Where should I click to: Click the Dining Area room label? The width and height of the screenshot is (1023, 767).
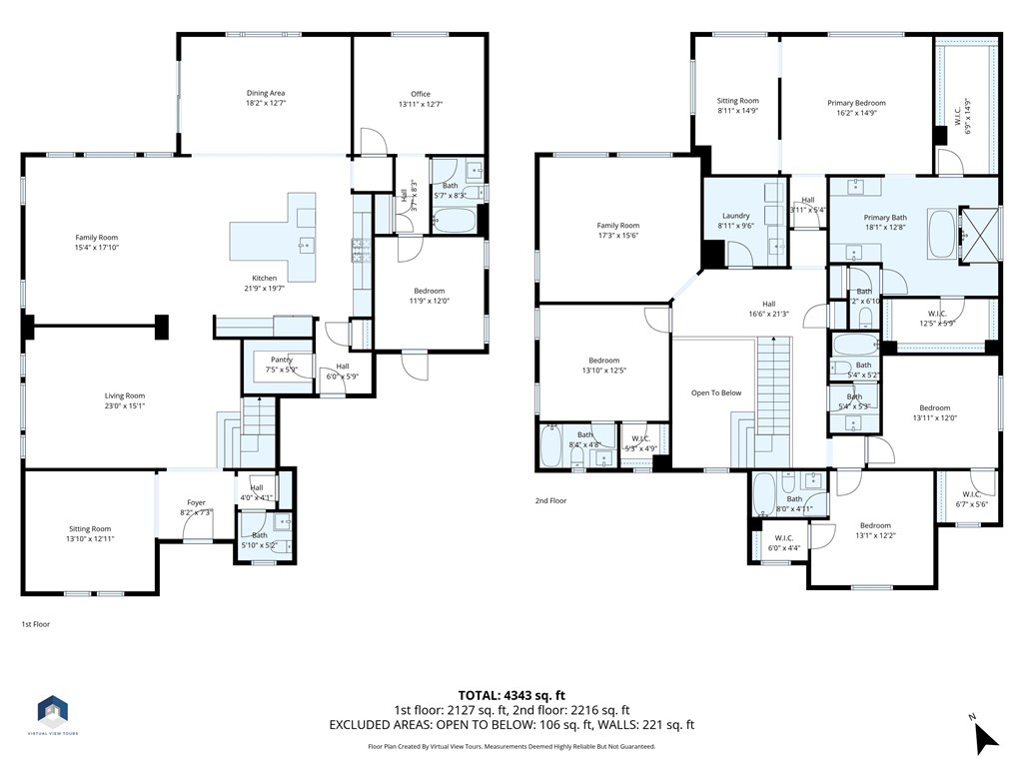coord(266,93)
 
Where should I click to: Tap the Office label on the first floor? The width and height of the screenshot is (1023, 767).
coord(420,94)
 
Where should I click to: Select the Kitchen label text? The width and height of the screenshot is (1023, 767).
coord(264,279)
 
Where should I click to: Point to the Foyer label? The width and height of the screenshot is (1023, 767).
coord(196,503)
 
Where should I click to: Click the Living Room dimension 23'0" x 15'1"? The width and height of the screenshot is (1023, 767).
coord(126,405)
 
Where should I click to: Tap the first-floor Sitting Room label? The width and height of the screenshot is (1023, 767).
coord(90,529)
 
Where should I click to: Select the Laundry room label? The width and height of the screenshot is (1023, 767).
coord(735,216)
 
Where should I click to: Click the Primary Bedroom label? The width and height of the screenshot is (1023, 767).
coord(856,103)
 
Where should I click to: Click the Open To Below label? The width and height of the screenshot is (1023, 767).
coord(716,392)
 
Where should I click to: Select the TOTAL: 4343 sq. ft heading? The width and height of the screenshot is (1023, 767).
coord(511,695)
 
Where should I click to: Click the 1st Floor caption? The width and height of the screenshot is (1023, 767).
coord(36,624)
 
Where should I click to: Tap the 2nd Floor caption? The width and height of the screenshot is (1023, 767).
coord(549,500)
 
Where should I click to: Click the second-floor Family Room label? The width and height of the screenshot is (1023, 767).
coord(617,226)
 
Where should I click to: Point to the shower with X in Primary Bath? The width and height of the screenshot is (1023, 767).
coord(976,236)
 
